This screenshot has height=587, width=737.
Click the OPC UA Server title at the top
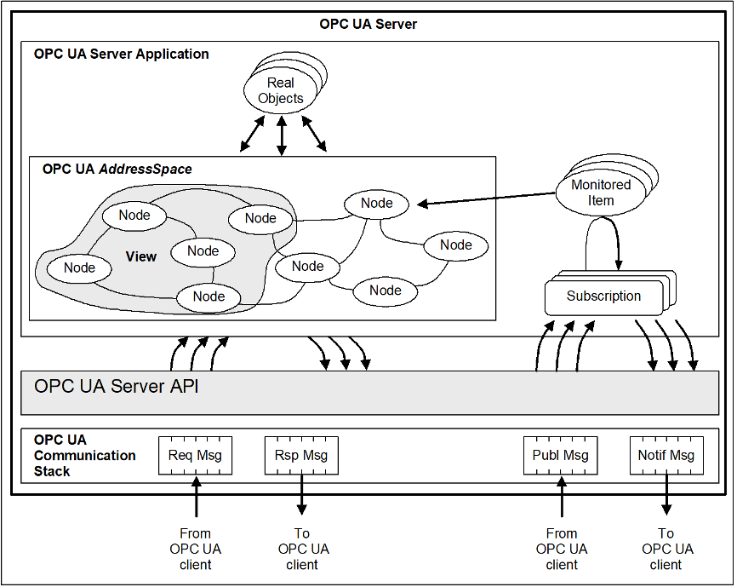[368, 24]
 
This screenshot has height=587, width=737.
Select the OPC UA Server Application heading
[121, 54]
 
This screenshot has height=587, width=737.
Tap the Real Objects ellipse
[280, 90]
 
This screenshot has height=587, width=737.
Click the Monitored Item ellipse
[601, 193]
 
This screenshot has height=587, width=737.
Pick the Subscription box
[603, 296]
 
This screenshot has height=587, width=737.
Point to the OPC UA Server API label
[117, 386]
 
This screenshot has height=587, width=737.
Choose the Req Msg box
[195, 455]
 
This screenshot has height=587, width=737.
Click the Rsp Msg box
[302, 455]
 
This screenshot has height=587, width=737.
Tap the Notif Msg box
[666, 455]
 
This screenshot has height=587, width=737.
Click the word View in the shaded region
[141, 256]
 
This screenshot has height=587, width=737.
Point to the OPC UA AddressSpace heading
[117, 170]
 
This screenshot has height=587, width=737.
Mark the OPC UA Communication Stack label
[84, 455]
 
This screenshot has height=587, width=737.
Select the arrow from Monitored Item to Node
[485, 198]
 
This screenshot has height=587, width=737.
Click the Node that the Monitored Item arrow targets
[376, 203]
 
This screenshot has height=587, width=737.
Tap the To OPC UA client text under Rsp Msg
[302, 549]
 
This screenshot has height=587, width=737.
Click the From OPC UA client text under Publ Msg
[562, 549]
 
